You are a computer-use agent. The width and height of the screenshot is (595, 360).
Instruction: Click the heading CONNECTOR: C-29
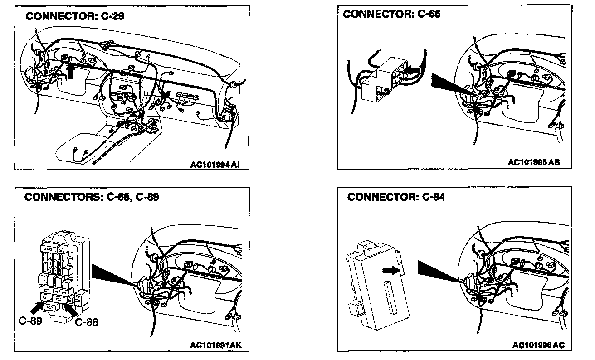tap(75, 16)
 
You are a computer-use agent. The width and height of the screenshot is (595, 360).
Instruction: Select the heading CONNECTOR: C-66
tap(391, 14)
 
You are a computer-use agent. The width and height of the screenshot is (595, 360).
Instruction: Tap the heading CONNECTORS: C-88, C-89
tap(92, 198)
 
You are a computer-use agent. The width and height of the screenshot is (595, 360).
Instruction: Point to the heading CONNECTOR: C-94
tap(396, 197)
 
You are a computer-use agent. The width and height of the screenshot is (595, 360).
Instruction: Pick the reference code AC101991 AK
tap(216, 345)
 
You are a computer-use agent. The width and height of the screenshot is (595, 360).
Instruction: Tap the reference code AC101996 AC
tap(539, 345)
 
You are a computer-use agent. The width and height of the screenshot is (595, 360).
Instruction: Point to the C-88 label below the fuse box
tap(86, 322)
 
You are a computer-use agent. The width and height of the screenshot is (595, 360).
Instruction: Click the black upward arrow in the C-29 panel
tap(70, 71)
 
